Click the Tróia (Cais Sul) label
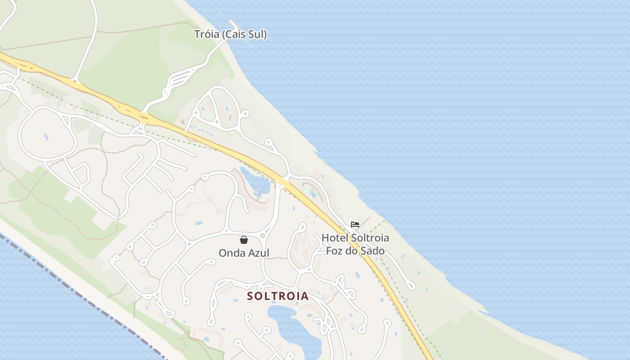click(230, 34)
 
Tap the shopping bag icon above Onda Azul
click(243, 240)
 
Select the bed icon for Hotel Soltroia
click(355, 225)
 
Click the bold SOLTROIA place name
click(278, 296)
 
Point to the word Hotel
click(335, 238)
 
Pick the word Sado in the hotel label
click(373, 251)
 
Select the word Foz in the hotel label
click(334, 251)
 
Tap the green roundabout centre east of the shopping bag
click(263, 235)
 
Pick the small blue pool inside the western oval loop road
click(46, 136)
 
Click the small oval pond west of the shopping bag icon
click(198, 223)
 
